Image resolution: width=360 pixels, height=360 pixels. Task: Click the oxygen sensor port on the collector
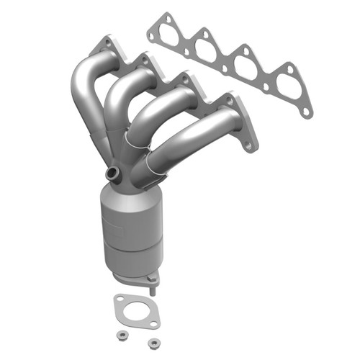coord(112,174)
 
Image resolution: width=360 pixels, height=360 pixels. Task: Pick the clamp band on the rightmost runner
coord(153,165)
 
